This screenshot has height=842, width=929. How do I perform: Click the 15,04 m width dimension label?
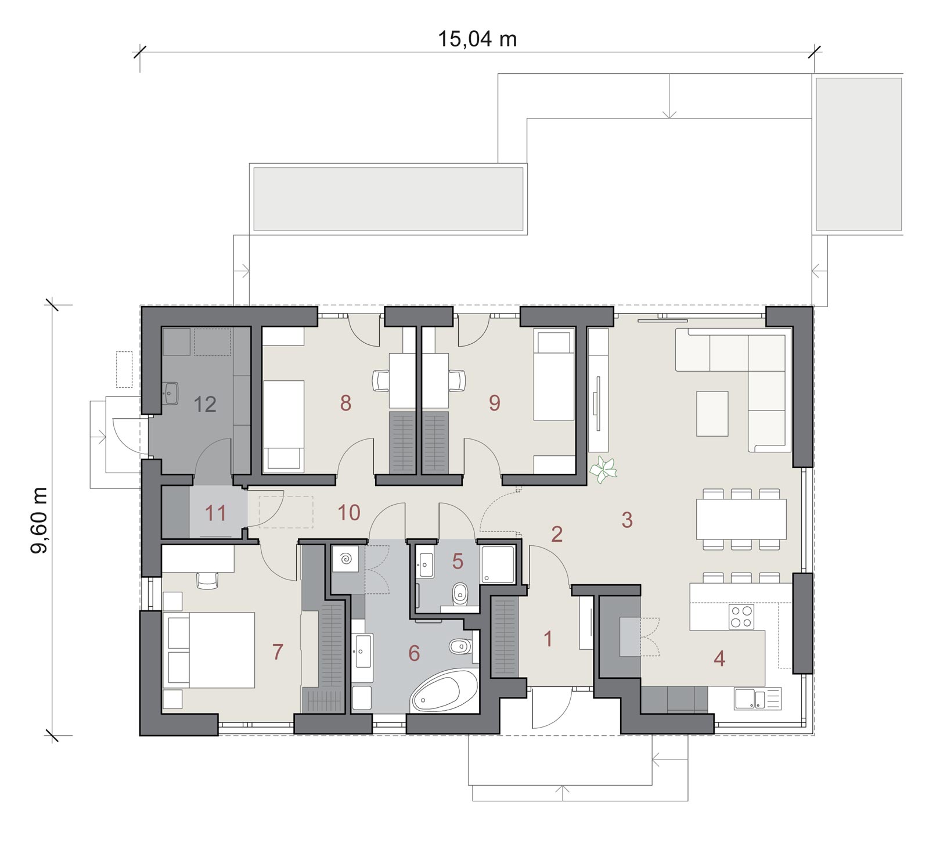477,39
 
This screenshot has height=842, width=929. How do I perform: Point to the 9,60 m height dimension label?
40,520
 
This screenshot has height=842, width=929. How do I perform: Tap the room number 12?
205,404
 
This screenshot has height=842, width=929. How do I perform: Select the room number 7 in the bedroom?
278,652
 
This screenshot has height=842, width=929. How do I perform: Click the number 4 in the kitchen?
719,659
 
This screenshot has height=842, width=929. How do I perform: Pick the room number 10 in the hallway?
349,512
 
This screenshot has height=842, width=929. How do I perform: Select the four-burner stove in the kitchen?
741,617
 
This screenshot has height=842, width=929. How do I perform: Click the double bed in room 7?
209,650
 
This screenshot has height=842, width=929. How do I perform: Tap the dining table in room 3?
741,519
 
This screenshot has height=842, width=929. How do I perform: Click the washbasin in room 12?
170,393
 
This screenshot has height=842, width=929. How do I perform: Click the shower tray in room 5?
497,564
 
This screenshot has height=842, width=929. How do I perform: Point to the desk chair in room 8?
381,381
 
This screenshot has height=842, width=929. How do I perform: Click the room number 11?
215,513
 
